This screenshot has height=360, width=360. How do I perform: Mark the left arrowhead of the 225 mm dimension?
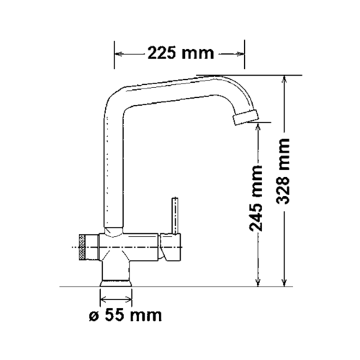[120, 53]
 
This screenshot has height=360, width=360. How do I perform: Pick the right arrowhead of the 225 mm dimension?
[238, 53]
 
